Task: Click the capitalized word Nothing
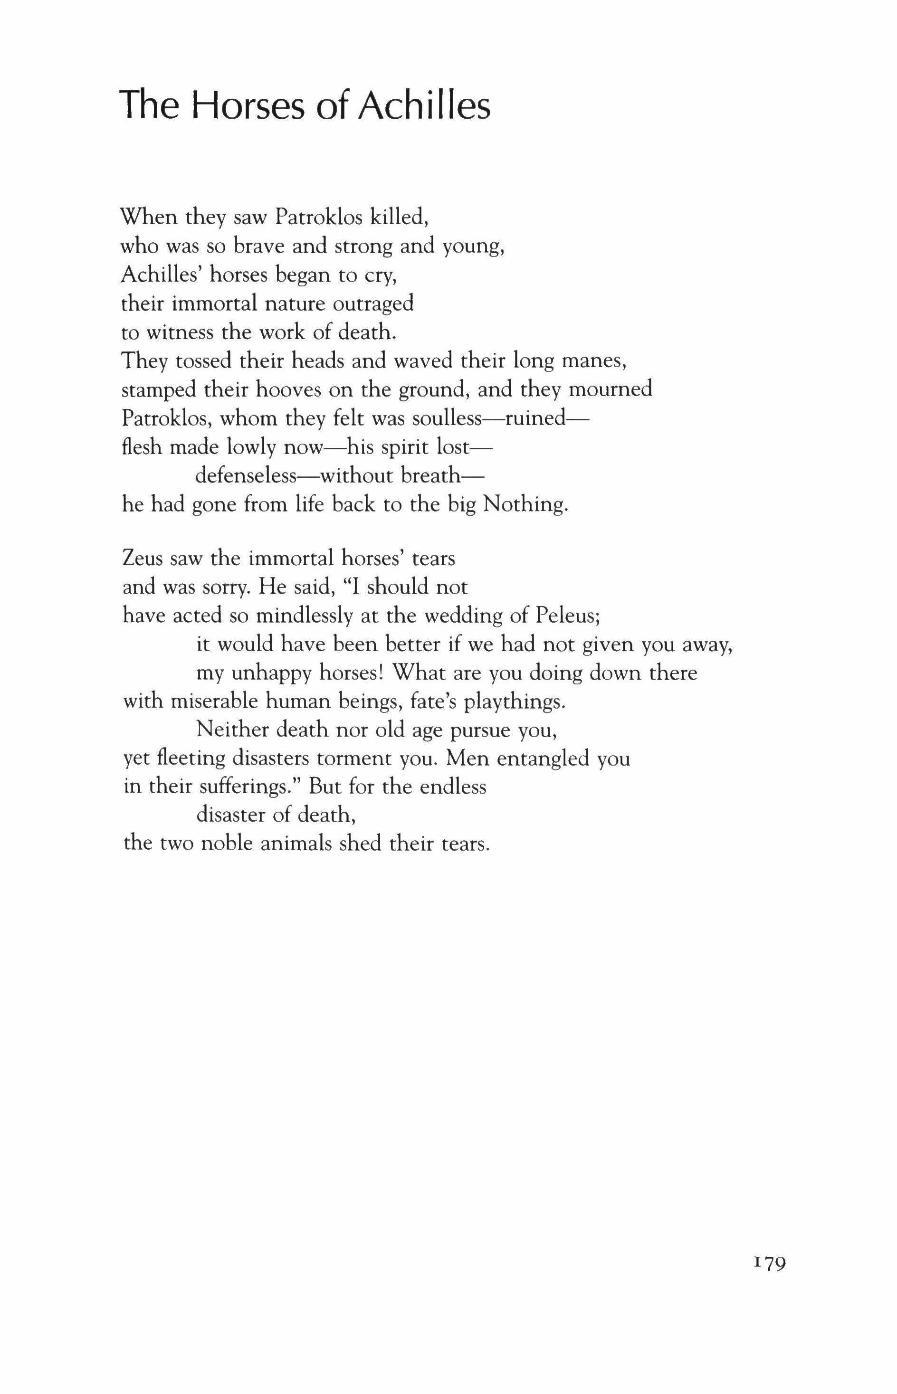coord(525,504)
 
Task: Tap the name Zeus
coord(143,559)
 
